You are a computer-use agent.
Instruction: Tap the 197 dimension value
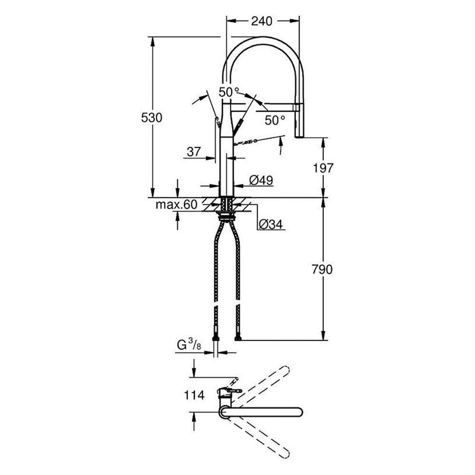(324, 167)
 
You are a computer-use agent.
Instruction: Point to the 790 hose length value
(323, 269)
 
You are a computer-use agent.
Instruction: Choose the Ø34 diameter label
(271, 224)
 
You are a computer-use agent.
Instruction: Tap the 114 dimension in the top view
(194, 395)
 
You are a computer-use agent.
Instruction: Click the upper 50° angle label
(229, 92)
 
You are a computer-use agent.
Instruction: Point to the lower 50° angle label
(275, 120)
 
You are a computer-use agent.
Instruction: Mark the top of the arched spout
(263, 39)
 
